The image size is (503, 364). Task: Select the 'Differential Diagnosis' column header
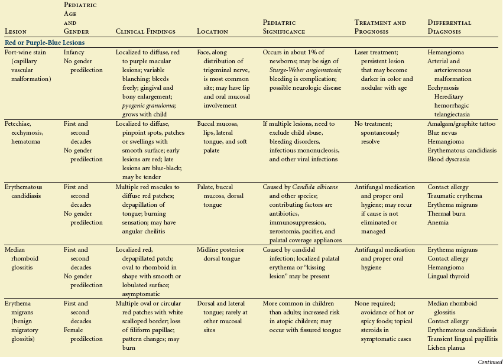(450, 27)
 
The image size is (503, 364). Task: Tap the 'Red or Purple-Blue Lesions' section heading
(44, 43)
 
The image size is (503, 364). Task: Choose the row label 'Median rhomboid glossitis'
(21, 258)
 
